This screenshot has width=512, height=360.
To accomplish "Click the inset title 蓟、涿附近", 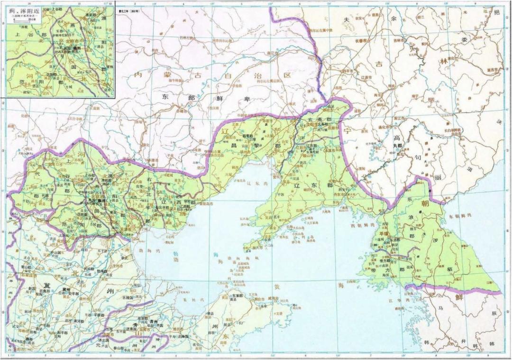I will [24, 11].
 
